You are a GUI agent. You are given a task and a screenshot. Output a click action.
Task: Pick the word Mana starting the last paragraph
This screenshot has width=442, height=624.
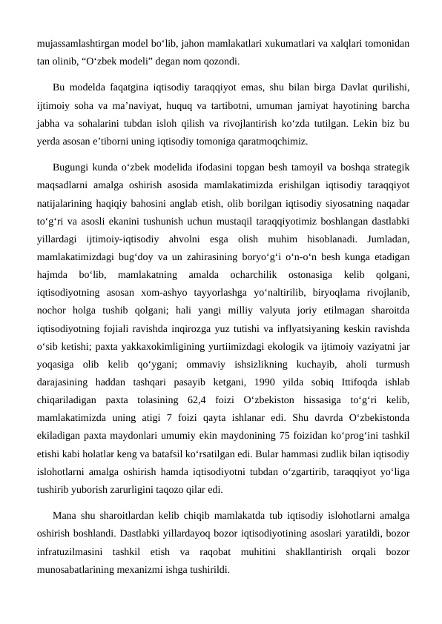pos(66,515)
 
